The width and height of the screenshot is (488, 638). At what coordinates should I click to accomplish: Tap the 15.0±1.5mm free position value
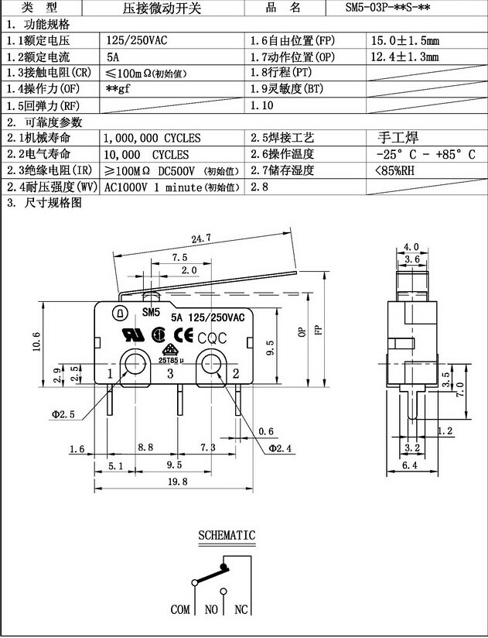tap(404, 40)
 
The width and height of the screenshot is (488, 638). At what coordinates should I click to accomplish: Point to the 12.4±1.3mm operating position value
tap(404, 57)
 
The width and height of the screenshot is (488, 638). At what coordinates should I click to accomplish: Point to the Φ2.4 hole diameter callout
tap(279, 448)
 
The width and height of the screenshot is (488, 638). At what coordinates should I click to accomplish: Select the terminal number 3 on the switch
tap(170, 374)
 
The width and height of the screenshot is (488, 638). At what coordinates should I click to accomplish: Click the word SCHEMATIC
tap(226, 535)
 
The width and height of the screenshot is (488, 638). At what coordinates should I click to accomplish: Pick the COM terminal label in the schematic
tap(180, 610)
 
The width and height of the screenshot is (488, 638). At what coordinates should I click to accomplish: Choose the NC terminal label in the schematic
tap(241, 610)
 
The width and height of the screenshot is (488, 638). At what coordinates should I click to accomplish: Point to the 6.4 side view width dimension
tap(410, 465)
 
